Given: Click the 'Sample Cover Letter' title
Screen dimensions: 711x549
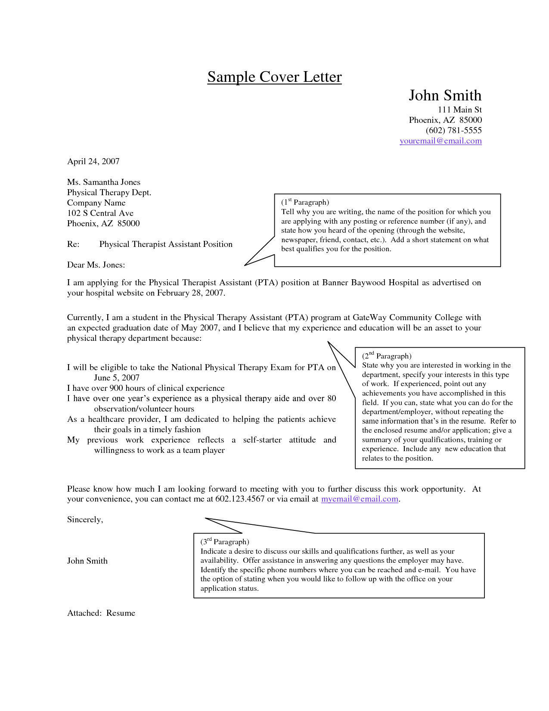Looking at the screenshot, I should tap(274, 77).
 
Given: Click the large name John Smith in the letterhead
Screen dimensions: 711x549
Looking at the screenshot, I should tap(445, 95).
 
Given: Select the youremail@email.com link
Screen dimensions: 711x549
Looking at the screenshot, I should tap(440, 141).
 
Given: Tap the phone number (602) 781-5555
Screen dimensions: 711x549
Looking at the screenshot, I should tap(453, 130).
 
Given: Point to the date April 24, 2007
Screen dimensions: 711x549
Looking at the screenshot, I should tap(93, 161).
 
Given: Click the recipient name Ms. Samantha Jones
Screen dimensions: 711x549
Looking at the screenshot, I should tap(103, 182).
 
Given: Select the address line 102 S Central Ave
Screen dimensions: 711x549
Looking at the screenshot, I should tap(100, 213).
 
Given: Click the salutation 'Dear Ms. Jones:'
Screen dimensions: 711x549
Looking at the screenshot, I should tap(96, 265).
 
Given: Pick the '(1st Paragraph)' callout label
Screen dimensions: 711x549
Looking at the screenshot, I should tap(305, 202).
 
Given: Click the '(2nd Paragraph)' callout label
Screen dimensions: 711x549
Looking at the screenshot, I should tap(387, 356).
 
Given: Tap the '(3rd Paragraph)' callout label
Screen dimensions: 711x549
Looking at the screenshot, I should tap(225, 542).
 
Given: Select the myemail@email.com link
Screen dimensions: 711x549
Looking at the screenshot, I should tap(360, 499).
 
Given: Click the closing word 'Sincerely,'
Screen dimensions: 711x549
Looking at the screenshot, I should tap(85, 519).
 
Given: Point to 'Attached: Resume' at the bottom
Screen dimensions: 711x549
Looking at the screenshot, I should tap(101, 613).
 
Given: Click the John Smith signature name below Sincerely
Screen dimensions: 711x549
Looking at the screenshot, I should tap(87, 561).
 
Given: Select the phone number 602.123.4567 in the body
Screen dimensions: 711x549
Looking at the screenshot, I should tap(240, 499).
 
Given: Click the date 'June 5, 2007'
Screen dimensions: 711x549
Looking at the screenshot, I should tap(117, 378).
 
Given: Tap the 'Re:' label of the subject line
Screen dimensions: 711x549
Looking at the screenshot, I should tap(73, 244).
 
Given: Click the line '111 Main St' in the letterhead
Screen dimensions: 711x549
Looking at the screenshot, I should tap(459, 110).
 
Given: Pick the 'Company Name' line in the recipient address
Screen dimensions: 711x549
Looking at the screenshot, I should tap(96, 203).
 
